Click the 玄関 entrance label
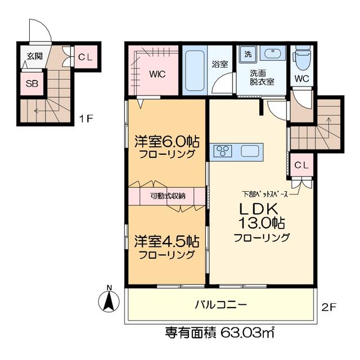(35, 56)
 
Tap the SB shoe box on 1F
(32, 84)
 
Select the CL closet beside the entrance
(85, 57)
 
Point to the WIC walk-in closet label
(157, 74)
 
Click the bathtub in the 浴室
(195, 71)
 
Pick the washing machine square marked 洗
(248, 55)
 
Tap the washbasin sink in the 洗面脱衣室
(272, 54)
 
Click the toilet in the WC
(302, 57)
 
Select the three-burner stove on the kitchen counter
(223, 151)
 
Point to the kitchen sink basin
(250, 151)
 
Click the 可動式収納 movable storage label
(168, 196)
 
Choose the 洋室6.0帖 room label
(166, 142)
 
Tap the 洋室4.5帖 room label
(166, 241)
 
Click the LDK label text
(259, 209)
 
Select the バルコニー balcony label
(221, 305)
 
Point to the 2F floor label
(328, 307)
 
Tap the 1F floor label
(85, 119)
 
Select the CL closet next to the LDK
(301, 165)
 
